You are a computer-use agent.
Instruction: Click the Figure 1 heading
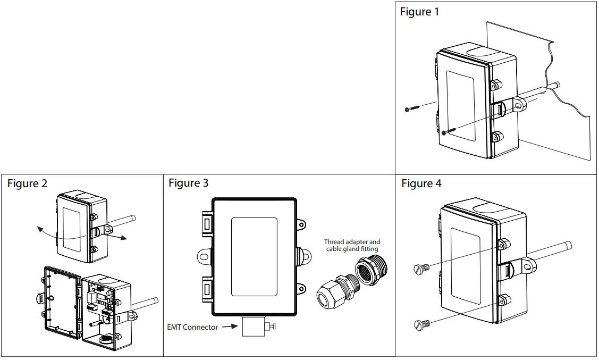tap(419, 12)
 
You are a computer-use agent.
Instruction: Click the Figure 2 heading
tap(27, 183)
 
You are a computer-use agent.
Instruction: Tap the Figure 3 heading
tap(188, 183)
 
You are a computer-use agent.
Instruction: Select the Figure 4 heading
tap(421, 183)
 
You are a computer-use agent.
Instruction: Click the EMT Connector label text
tap(192, 327)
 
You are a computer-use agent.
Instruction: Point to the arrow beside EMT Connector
tap(229, 327)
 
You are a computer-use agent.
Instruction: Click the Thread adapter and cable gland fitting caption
tap(352, 245)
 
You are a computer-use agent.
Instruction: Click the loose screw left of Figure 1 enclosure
tap(411, 108)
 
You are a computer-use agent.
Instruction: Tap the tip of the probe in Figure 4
tap(569, 245)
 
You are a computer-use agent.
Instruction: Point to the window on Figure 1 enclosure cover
tap(460, 106)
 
